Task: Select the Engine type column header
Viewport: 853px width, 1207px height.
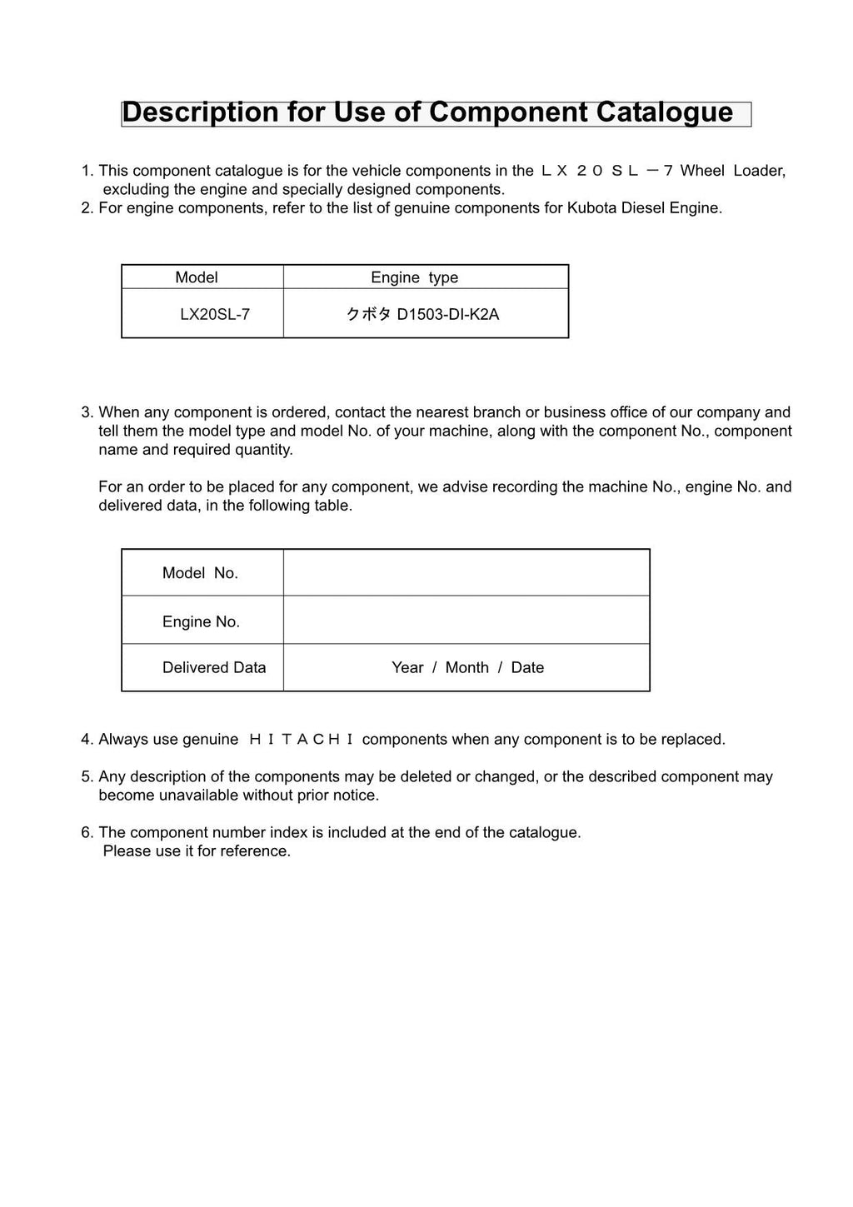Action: [x=414, y=277]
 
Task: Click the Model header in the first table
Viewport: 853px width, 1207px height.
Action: [x=197, y=277]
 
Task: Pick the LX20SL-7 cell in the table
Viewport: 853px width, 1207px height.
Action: [x=215, y=314]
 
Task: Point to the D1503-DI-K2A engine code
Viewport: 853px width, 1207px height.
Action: [x=447, y=314]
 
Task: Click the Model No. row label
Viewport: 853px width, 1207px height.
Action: [x=200, y=573]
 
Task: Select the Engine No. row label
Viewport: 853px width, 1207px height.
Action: [x=201, y=621]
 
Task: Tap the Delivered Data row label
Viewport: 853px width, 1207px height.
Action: [x=214, y=667]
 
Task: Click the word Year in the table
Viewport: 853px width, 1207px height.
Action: [x=407, y=667]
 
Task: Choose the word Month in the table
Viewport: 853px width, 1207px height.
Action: [x=466, y=667]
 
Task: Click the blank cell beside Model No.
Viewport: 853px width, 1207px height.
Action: [x=466, y=572]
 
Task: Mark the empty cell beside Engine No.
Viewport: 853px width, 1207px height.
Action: [x=466, y=620]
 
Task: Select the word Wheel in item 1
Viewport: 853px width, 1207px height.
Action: [x=702, y=171]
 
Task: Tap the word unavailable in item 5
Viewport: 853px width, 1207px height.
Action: [x=197, y=796]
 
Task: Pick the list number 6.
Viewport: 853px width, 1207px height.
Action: [x=86, y=832]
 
